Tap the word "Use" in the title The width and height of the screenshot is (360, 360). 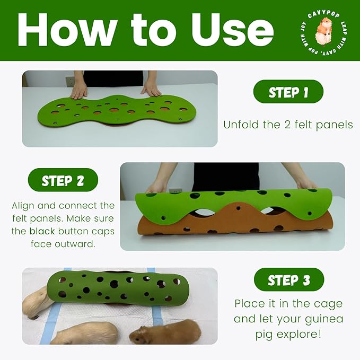232,30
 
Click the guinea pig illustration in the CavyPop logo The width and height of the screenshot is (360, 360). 323,32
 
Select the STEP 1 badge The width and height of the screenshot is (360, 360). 288,91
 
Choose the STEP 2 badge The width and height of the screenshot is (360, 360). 63,180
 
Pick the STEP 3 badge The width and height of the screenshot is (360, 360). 289,279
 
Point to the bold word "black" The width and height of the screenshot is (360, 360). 42,231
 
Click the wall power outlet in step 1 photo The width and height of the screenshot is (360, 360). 70,82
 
